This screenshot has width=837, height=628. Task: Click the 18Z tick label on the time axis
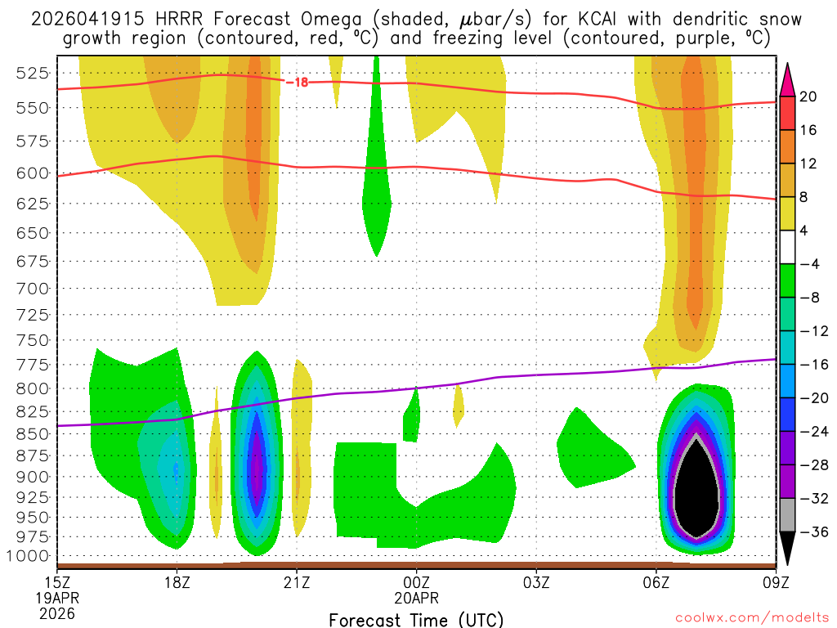tap(177, 583)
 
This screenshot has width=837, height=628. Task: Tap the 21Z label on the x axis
tap(297, 583)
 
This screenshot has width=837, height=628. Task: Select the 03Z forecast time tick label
tap(536, 583)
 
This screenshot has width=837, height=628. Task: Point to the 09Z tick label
tap(775, 583)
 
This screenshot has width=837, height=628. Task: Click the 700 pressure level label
tap(34, 288)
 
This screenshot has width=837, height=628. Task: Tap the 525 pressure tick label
tap(34, 73)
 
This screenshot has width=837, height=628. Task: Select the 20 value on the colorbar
tap(808, 96)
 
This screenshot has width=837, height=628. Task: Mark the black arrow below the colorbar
tap(788, 549)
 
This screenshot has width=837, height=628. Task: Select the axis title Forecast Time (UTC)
tap(416, 619)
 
